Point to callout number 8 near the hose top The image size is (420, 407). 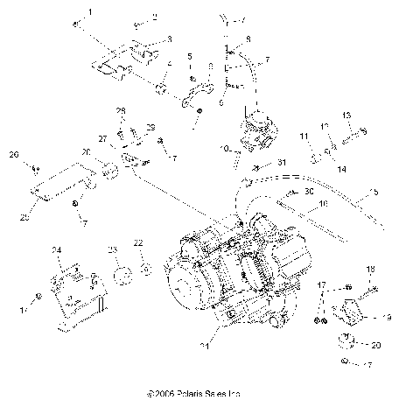click(x=248, y=39)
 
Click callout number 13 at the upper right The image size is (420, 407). click(x=346, y=116)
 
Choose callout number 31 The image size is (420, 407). click(x=282, y=164)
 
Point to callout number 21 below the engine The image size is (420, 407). click(x=230, y=347)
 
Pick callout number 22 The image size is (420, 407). click(x=137, y=242)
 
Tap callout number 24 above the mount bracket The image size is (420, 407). click(x=58, y=251)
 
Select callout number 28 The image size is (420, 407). click(x=121, y=109)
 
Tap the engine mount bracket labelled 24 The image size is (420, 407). click(x=77, y=293)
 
